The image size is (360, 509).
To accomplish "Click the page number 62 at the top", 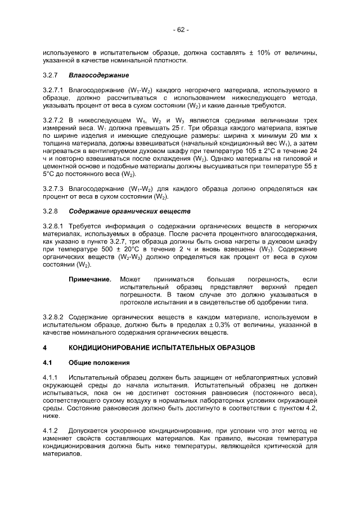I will pyautogui.click(x=179, y=29).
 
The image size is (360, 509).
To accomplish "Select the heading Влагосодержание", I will pyautogui.click(x=99, y=75).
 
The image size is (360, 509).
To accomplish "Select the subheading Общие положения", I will pyautogui.click(x=99, y=362).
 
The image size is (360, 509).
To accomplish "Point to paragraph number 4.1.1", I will pyautogui.click(x=51, y=377).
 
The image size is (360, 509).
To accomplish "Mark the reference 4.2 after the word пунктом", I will pyautogui.click(x=311, y=408).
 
